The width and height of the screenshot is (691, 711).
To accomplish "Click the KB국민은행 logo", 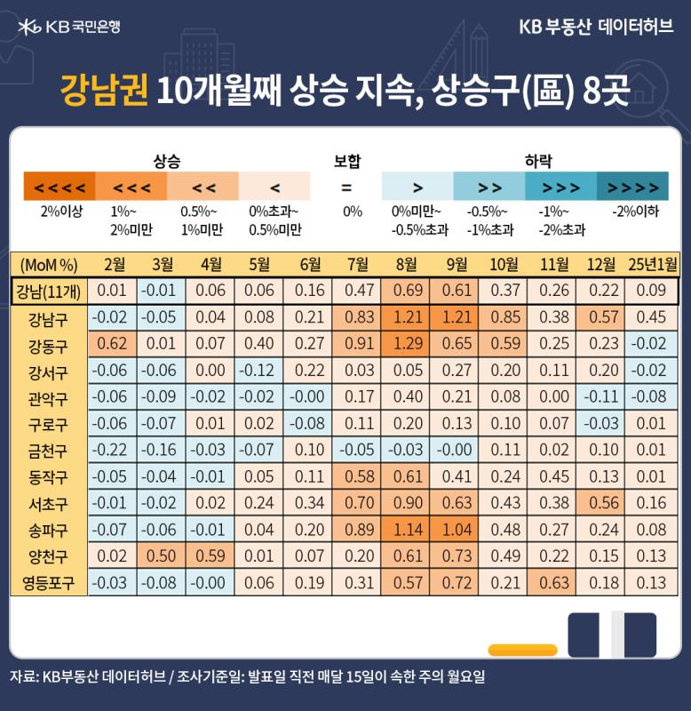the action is click(69, 28).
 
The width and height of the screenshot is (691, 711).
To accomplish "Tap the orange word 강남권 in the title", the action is click(104, 91).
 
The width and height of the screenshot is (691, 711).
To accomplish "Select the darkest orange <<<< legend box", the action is click(60, 186).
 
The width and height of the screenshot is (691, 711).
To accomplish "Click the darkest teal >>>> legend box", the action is click(632, 186).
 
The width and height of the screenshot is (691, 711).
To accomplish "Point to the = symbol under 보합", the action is click(346, 187).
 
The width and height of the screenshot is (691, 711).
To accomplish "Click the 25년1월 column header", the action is click(652, 264).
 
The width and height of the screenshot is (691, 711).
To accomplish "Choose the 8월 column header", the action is click(406, 264).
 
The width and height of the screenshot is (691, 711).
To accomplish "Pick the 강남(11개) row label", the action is click(49, 292).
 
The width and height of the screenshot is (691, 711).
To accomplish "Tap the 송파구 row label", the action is click(48, 530).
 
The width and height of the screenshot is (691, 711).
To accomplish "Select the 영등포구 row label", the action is click(48, 583).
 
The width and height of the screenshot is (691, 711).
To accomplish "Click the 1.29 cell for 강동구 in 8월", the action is click(408, 344).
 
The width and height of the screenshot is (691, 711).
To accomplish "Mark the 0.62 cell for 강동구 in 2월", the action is click(112, 344).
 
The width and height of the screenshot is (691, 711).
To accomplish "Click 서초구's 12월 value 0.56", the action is click(604, 503).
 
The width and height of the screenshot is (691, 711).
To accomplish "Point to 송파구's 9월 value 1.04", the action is click(457, 530).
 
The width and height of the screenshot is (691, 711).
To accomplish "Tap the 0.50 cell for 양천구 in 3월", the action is click(161, 556).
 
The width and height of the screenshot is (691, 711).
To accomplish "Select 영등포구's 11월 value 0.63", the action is click(554, 583).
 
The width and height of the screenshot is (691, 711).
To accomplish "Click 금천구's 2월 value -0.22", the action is click(109, 450).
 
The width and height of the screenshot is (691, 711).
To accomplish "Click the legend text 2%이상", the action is click(61, 212).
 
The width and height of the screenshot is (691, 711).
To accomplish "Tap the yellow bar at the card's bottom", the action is click(522, 650).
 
